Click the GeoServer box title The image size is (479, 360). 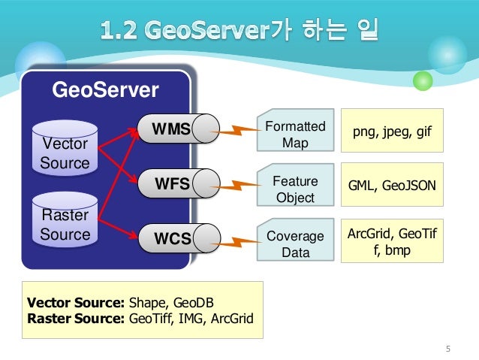point(104,91)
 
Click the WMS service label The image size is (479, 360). point(170,127)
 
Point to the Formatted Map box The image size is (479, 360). point(295,134)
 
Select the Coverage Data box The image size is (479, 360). point(295,244)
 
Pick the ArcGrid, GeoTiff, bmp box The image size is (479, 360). point(392,241)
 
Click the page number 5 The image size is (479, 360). point(448,347)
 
